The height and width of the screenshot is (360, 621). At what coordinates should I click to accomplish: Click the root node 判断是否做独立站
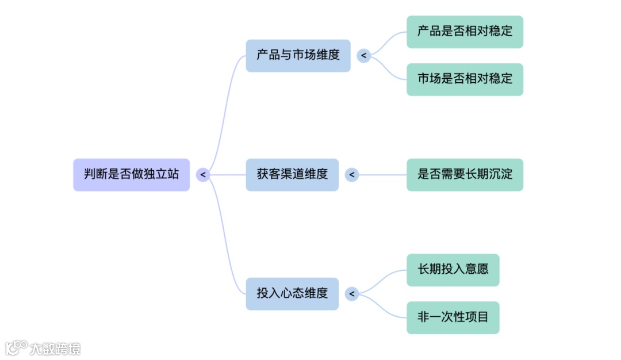coord(131,174)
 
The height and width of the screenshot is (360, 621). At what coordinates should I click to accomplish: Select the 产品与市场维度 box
coord(298,55)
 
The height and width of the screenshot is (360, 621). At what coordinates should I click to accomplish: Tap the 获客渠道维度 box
coord(292,174)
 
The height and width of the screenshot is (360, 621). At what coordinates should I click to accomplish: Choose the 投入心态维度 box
coord(292,293)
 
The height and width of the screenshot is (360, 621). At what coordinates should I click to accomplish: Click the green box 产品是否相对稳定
coord(465,32)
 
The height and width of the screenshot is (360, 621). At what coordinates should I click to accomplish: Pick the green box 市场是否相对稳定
coord(465,79)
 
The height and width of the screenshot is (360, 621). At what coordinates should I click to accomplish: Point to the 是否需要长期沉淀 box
coord(465,174)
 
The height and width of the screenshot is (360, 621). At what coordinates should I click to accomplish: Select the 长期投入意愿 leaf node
coord(453,270)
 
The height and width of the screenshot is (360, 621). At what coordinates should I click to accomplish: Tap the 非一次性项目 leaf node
coord(453,317)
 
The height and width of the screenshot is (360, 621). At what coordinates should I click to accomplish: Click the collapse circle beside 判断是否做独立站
coord(202,174)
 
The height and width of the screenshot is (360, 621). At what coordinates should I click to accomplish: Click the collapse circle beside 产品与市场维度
coord(363,55)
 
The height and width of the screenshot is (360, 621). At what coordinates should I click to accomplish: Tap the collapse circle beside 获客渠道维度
coord(352,174)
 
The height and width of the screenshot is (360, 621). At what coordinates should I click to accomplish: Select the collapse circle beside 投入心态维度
coord(352,294)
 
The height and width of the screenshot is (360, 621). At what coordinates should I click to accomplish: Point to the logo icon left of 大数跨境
coord(16,347)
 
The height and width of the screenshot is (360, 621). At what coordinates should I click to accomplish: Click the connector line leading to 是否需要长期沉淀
coord(382,174)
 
